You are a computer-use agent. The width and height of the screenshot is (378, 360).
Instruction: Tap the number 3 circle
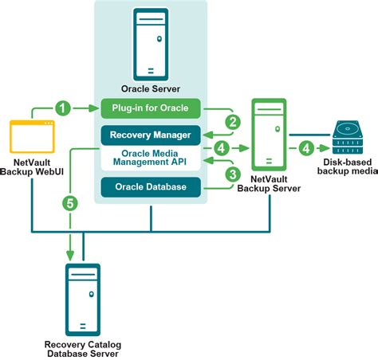[x=233, y=173]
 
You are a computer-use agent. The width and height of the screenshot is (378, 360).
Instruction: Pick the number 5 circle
[x=70, y=203]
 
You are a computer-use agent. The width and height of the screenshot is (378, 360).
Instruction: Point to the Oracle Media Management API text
[x=150, y=159]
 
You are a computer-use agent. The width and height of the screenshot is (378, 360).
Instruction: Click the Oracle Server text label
[x=150, y=88]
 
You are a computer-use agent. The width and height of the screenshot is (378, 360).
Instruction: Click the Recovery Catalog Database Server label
[x=83, y=348]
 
